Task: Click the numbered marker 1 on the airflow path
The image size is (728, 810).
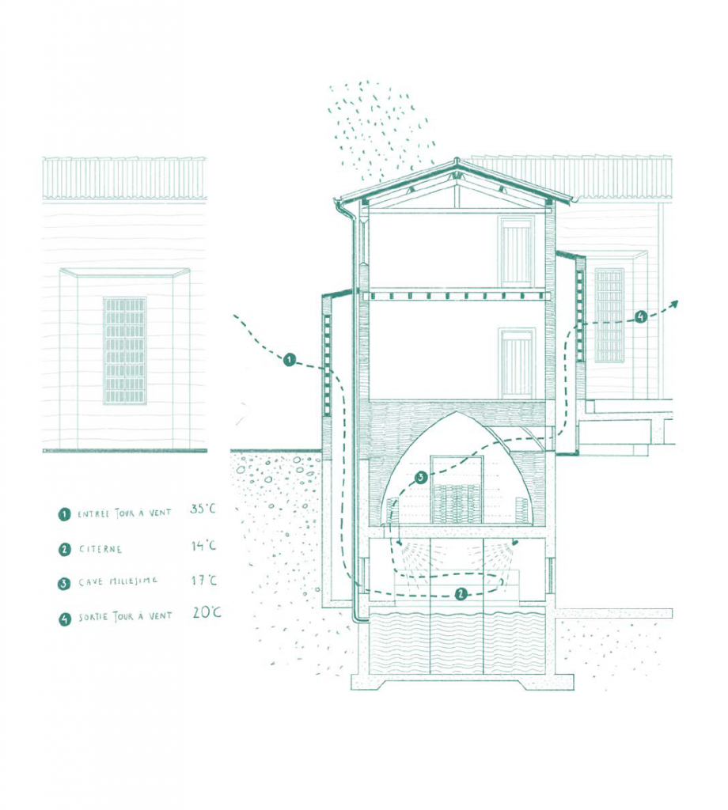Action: (x=290, y=360)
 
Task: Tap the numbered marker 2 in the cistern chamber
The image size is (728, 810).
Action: (x=461, y=594)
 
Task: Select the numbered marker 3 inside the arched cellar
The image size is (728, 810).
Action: (x=420, y=477)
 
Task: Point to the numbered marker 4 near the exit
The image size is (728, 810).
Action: (x=641, y=316)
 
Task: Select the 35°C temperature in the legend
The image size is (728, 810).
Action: (x=203, y=509)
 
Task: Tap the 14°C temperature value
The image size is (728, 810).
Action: (x=203, y=546)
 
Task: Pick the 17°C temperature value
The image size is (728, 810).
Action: (x=205, y=581)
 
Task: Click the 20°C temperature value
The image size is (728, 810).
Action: (x=207, y=613)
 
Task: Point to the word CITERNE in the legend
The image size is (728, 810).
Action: (x=100, y=549)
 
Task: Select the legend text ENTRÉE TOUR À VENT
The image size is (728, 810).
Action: (x=124, y=514)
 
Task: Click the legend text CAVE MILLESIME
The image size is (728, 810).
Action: (x=119, y=582)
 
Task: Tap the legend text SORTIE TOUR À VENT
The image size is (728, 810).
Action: (x=125, y=617)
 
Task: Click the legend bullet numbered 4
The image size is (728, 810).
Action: (x=64, y=619)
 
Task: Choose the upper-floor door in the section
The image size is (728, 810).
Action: (x=516, y=252)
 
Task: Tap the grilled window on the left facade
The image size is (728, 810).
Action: (x=124, y=350)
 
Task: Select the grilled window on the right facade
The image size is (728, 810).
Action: (x=609, y=316)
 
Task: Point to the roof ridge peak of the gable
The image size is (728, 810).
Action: (x=457, y=160)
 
